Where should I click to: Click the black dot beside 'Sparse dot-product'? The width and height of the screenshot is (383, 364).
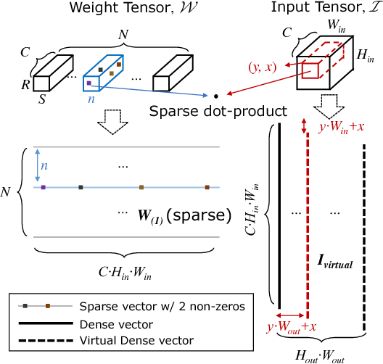tap(215, 95)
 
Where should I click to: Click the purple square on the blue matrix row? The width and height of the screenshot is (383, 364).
tap(44, 187)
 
